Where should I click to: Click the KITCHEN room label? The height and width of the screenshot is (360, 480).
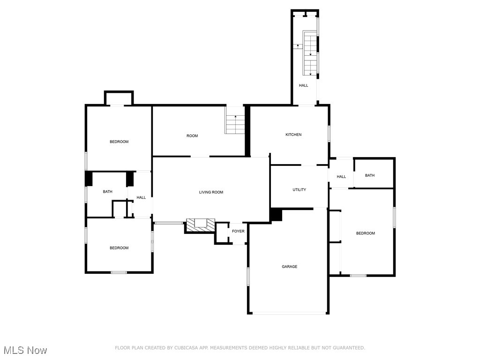tap(293, 135)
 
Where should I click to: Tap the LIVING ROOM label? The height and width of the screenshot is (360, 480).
tap(211, 192)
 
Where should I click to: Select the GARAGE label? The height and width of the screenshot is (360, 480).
tap(289, 267)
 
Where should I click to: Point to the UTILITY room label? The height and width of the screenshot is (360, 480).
tap(299, 190)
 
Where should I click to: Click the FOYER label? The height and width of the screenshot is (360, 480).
tap(238, 231)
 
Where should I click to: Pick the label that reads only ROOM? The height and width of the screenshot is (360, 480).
tap(192, 136)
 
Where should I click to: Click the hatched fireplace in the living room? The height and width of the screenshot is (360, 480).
tap(201, 225)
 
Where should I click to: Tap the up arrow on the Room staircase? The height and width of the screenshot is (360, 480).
tap(235, 116)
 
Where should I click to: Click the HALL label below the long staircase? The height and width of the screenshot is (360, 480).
tap(304, 85)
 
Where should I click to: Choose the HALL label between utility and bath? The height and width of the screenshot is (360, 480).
tap(341, 177)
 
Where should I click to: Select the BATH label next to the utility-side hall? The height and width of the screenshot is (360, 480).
tap(370, 176)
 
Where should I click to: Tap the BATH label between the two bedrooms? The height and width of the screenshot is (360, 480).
tap(108, 192)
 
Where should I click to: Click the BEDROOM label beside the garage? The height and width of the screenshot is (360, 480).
tap(365, 233)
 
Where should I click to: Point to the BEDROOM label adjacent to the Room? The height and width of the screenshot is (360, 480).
tap(119, 142)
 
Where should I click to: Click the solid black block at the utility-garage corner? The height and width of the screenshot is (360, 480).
tap(276, 215)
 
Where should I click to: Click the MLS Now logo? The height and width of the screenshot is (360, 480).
tap(25, 350)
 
